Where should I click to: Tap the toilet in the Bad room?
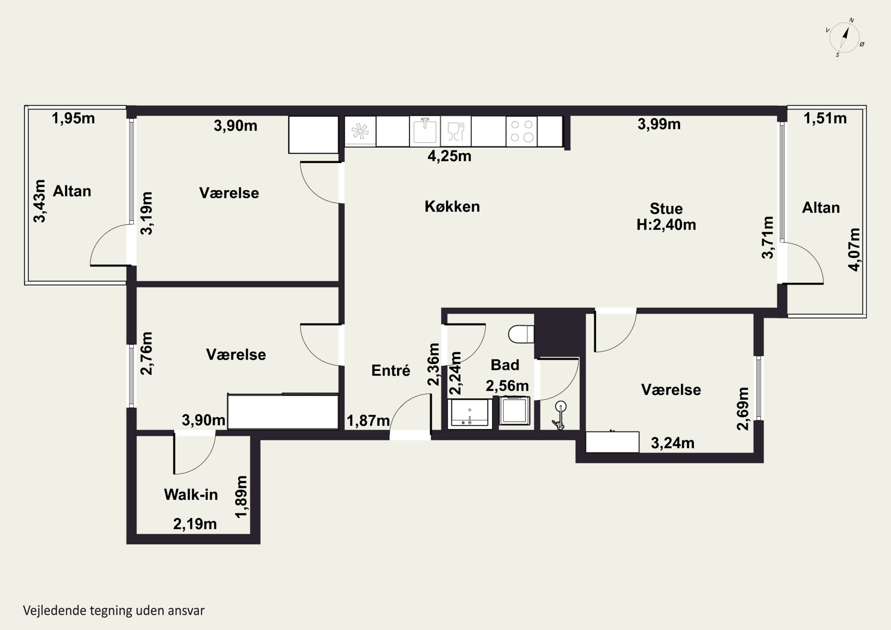521,334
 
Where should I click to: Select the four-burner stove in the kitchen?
522,131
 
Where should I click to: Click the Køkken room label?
452,206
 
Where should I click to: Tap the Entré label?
391,370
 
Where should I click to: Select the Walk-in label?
191,495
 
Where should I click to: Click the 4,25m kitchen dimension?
449,156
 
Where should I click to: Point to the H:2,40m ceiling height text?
666,225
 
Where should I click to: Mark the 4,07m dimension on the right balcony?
854,250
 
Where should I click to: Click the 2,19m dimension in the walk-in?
195,524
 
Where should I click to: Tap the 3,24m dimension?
672,443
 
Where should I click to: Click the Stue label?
666,209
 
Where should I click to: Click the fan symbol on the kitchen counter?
360,131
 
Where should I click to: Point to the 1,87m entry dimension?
368,420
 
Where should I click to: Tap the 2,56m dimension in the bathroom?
507,386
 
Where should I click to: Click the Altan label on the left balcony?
72,191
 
